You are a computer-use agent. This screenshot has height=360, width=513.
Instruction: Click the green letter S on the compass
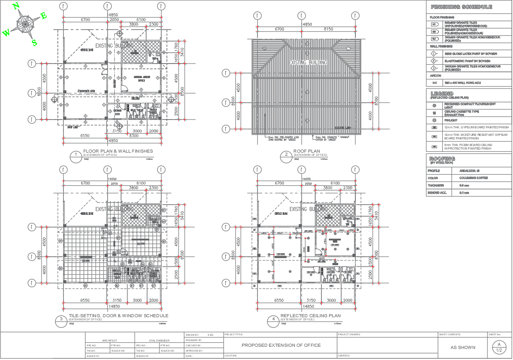tap(34, 42)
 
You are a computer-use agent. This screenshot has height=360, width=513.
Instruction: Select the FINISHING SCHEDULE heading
tap(461, 7)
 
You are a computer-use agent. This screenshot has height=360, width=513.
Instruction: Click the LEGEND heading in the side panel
tap(442, 94)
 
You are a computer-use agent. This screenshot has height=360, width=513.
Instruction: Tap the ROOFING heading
tap(442, 158)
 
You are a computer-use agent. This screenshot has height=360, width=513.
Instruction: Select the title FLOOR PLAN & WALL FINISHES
tap(118, 151)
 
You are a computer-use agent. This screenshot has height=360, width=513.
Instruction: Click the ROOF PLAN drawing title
tap(306, 151)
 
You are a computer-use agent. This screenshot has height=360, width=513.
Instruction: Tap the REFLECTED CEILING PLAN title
tap(310, 316)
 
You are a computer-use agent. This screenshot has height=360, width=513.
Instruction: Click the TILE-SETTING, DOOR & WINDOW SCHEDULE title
tap(118, 316)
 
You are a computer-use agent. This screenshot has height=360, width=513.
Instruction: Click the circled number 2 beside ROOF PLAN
tap(286, 154)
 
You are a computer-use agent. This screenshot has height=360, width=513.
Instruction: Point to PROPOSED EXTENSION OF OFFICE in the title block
tap(280, 345)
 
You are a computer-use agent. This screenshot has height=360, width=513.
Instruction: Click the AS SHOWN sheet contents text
tap(463, 347)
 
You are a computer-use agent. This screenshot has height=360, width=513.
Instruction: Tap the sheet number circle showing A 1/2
tap(499, 348)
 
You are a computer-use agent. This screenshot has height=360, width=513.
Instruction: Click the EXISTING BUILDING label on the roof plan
tap(308, 63)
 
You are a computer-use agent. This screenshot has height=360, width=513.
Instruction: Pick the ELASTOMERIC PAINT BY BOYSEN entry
tap(467, 61)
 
